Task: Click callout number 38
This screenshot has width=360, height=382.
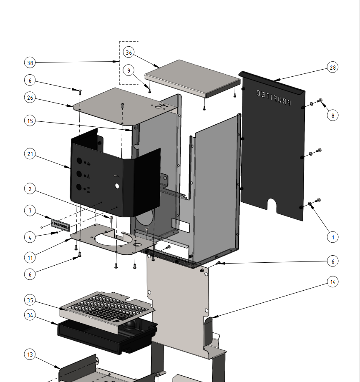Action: click(x=30, y=63)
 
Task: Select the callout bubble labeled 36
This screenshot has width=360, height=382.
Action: click(x=129, y=53)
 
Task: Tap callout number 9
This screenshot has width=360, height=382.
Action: click(x=129, y=70)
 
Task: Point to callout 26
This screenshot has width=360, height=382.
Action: click(x=30, y=98)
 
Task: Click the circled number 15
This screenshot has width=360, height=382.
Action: click(x=30, y=121)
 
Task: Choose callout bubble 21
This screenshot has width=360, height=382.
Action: click(x=30, y=154)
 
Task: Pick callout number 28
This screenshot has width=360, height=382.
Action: click(x=332, y=68)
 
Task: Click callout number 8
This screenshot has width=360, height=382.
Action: click(x=332, y=115)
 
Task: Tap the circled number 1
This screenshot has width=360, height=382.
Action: click(x=332, y=237)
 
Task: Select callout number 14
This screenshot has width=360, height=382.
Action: click(x=332, y=282)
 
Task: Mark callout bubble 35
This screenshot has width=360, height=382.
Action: click(x=30, y=300)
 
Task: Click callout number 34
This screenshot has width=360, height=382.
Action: click(x=30, y=316)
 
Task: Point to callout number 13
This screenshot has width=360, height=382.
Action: click(x=30, y=355)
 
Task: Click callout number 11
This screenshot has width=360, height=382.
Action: click(x=30, y=258)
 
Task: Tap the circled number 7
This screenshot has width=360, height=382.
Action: click(x=30, y=211)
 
